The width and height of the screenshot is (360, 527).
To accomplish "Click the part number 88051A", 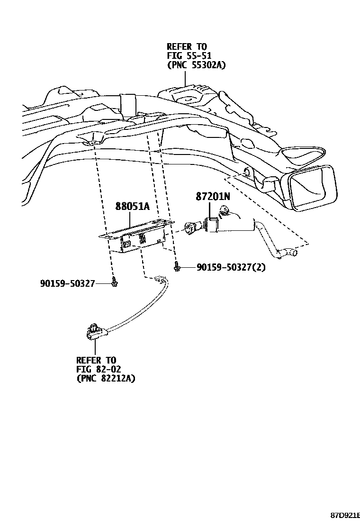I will pyautogui.click(x=133, y=206).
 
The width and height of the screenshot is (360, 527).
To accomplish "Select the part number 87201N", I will pyautogui.click(x=213, y=196).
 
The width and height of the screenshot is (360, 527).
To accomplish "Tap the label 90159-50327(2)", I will pyautogui.click(x=231, y=268).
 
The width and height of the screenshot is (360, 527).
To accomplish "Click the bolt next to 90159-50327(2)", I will pyautogui.click(x=176, y=268).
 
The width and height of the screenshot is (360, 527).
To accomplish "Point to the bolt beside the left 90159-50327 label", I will pyautogui.click(x=114, y=283).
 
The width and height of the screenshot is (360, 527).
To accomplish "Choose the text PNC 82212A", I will pyautogui.click(x=106, y=379).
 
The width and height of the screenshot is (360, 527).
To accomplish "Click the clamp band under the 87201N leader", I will pyautogui.click(x=212, y=224).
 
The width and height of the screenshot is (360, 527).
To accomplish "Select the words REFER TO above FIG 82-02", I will pyautogui.click(x=96, y=360).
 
